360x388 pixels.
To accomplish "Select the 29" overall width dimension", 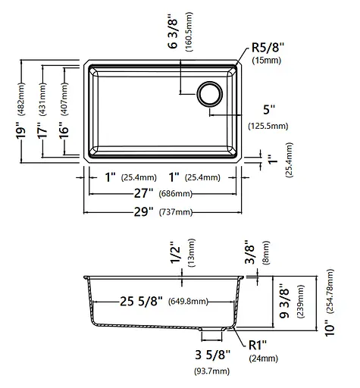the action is [x=143, y=211].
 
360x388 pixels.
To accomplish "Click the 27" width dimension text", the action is [x=143, y=193].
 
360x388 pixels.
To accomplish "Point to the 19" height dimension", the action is [x=21, y=130].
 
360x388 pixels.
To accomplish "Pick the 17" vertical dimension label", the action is [x=42, y=130].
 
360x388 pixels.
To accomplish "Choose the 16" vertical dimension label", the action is [x=64, y=130].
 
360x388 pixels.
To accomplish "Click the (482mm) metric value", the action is [x=21, y=99].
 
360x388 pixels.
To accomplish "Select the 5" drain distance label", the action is [x=269, y=110].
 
